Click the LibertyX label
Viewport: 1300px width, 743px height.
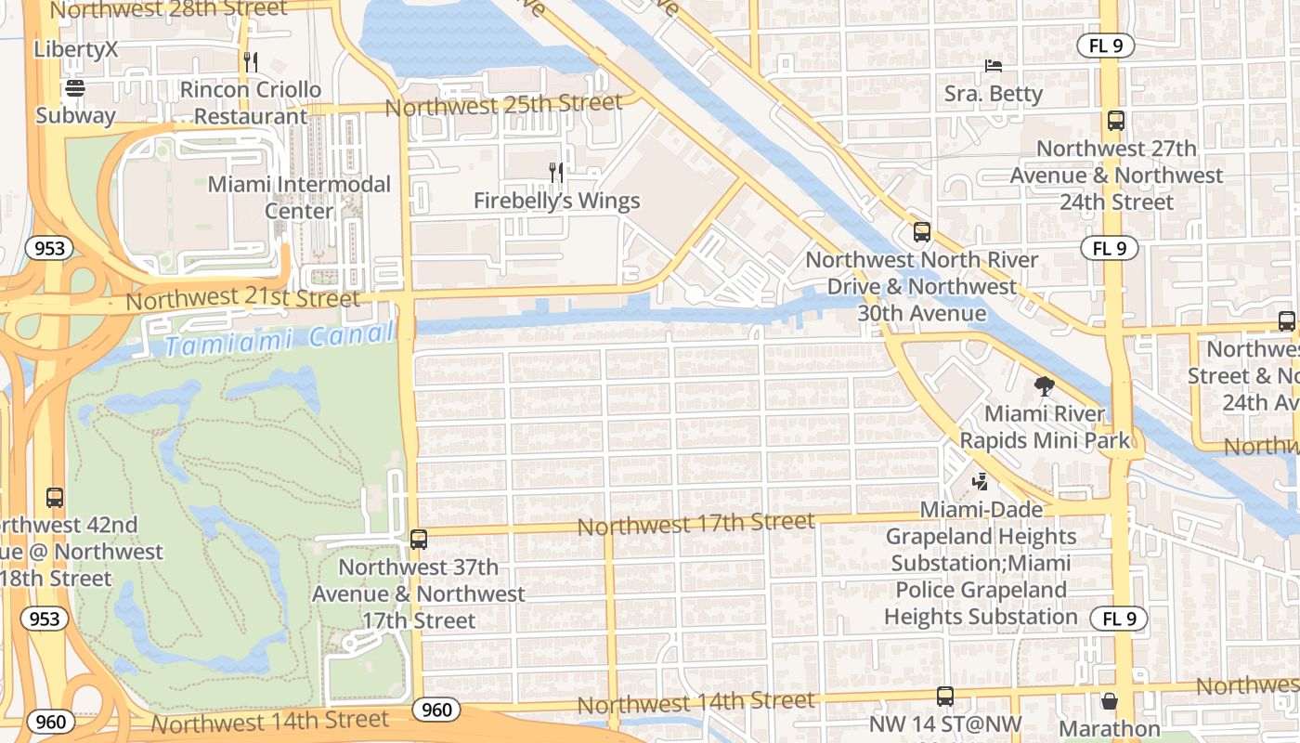pos(76,49)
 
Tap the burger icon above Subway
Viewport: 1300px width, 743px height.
pos(75,88)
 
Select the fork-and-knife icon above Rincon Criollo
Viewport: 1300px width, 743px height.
pos(250,62)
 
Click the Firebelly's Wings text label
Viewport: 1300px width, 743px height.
pos(556,201)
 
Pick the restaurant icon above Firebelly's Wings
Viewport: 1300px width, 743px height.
pos(556,172)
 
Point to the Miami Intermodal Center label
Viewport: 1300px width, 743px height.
pos(299,197)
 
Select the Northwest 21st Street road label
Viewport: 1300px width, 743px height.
pos(242,299)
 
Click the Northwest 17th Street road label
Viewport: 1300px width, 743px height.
pos(695,524)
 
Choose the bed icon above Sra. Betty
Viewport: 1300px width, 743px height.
pos(993,66)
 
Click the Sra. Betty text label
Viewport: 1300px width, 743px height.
pos(993,94)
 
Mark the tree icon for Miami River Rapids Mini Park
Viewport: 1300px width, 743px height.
pos(1045,385)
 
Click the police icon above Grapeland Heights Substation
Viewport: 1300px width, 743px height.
pos(980,481)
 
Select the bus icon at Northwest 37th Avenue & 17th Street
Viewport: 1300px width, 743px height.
pos(418,539)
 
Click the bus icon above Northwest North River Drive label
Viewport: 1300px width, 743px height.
pos(921,232)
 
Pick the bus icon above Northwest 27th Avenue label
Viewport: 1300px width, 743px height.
pos(1116,121)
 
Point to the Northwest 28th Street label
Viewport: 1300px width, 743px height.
pos(168,9)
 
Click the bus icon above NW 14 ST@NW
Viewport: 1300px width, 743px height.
pos(945,696)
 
